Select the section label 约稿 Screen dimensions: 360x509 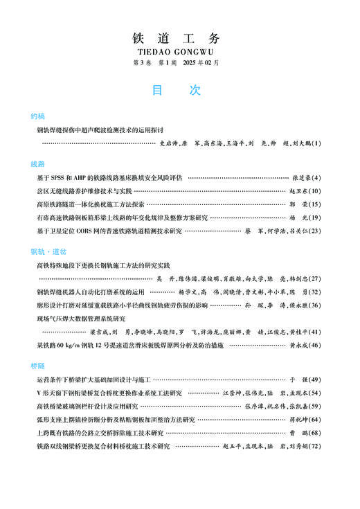[x=38, y=116]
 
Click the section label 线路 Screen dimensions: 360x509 [x=38, y=164]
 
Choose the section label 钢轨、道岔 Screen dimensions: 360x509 [x=43, y=251]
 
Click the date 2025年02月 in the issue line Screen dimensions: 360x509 [x=200, y=62]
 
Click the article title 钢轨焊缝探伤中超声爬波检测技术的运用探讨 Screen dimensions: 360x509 [x=100, y=130]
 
